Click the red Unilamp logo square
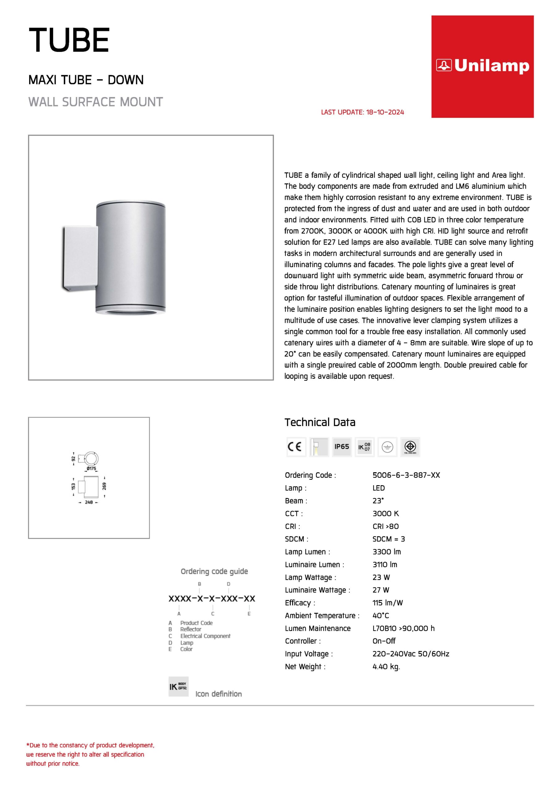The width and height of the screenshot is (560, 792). click(x=482, y=67)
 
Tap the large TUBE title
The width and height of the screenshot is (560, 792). click(x=69, y=40)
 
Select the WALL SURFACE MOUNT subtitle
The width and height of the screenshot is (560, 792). click(x=95, y=102)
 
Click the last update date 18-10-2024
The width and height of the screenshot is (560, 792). click(x=385, y=112)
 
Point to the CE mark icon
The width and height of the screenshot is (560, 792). click(x=296, y=447)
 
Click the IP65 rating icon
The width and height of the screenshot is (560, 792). click(x=342, y=447)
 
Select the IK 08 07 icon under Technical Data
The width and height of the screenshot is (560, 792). click(x=364, y=447)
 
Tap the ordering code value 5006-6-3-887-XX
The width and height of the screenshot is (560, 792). click(x=406, y=475)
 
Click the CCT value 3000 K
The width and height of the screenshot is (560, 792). click(x=386, y=513)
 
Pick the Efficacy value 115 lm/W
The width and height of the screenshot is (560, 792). click(x=387, y=603)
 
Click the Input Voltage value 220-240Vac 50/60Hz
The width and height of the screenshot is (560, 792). click(x=411, y=654)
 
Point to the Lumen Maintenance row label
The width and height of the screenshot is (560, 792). click(x=317, y=628)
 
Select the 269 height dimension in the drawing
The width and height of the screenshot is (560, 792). click(x=104, y=486)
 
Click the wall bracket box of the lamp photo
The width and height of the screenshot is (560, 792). click(x=80, y=257)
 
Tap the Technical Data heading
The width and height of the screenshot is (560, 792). click(x=320, y=422)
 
